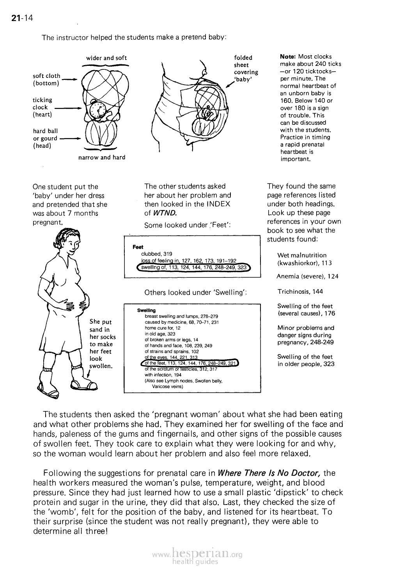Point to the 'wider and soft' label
(x=106, y=58)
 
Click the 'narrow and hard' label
(x=101, y=157)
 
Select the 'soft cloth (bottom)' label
(x=47, y=79)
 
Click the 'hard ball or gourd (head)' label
(x=45, y=138)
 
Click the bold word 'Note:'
(x=288, y=56)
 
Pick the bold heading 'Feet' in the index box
(x=138, y=247)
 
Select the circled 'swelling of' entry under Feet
(x=193, y=267)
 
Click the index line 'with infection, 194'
(x=160, y=375)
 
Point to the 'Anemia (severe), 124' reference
(x=307, y=277)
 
